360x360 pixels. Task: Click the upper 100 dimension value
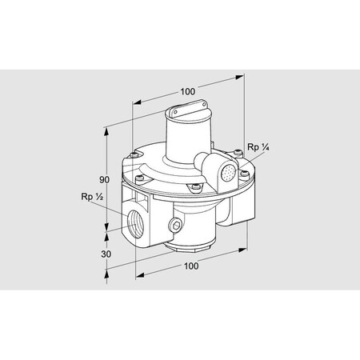tap(187, 90)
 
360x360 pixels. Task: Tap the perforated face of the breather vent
tap(230, 171)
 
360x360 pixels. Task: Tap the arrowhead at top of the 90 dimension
tap(108, 128)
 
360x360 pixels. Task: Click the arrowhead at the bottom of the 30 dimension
tap(108, 274)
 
